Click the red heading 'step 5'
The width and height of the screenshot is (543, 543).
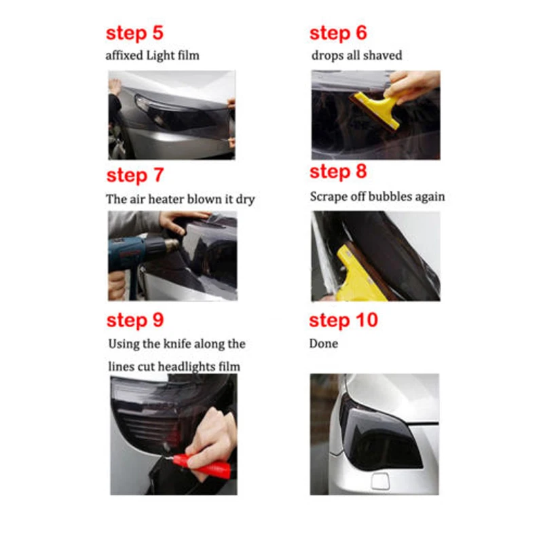click(134, 34)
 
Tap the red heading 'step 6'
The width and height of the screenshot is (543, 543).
click(338, 34)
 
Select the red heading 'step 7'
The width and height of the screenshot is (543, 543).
click(134, 176)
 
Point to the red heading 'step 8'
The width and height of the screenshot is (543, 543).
click(338, 172)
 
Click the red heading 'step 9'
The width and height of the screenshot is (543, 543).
click(135, 320)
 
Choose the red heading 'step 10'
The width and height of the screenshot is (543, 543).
click(343, 320)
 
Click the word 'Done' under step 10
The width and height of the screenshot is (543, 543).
click(324, 343)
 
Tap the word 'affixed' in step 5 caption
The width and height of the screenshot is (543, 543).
click(124, 56)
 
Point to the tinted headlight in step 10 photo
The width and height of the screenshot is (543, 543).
click(379, 434)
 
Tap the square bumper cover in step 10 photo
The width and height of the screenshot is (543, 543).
click(380, 481)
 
